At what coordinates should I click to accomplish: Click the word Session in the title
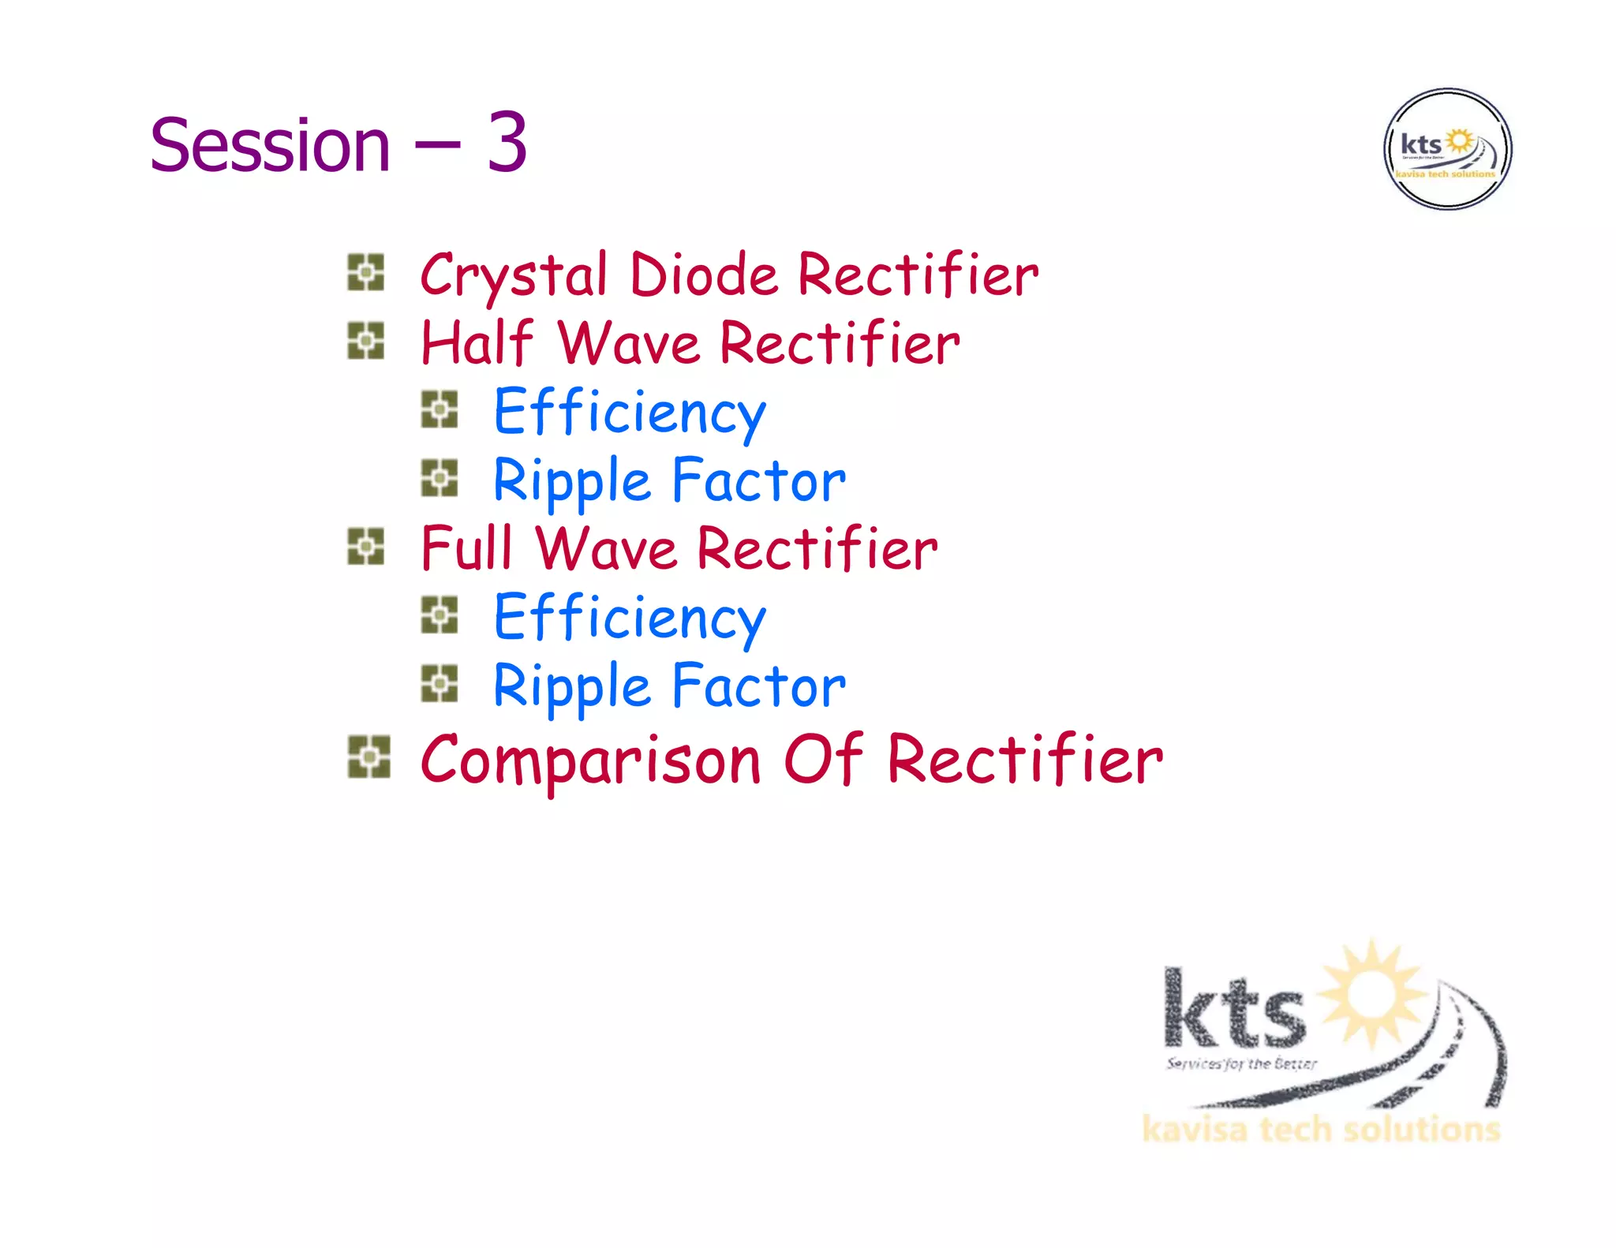(270, 145)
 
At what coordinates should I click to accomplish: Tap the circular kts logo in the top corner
(1447, 149)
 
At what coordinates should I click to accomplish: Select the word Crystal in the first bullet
(514, 275)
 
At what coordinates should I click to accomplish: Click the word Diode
(704, 275)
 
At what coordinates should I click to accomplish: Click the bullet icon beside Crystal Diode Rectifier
(365, 272)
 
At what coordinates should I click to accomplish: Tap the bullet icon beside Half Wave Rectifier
(365, 341)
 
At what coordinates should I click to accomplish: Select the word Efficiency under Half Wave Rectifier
(630, 412)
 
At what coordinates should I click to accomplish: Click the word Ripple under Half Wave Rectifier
(571, 480)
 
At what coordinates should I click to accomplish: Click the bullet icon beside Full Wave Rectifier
(365, 547)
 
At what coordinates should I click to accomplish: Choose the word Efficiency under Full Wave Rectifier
(630, 618)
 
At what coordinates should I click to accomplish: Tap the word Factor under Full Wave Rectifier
(759, 686)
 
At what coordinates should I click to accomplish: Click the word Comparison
(590, 760)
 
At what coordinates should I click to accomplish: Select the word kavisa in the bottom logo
(1195, 1130)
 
